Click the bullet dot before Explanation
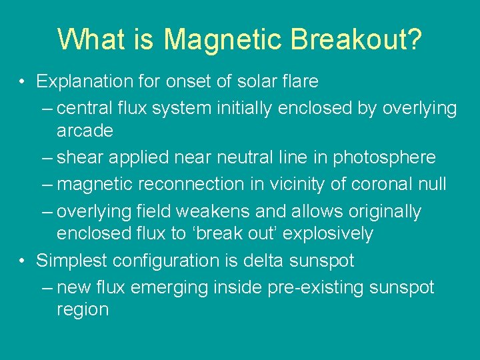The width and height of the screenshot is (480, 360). click(22, 82)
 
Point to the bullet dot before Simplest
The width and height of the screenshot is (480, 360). click(22, 261)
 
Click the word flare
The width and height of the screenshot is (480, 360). click(297, 82)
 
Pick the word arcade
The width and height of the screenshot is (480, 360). click(85, 131)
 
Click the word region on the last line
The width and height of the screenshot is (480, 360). click(83, 310)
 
